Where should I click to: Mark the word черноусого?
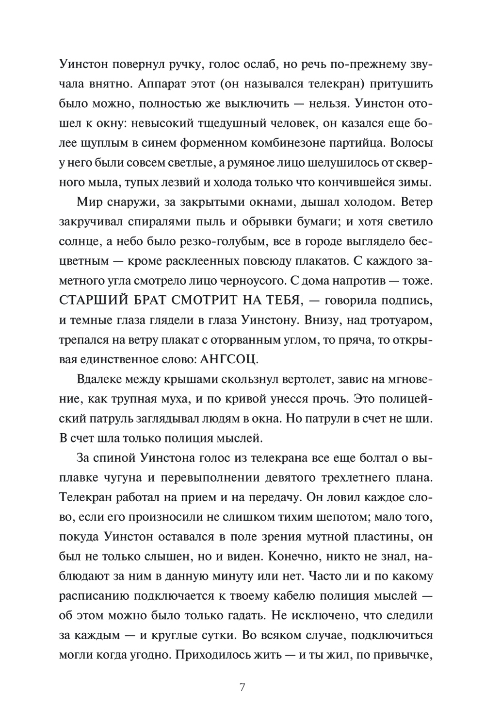[257, 281]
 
